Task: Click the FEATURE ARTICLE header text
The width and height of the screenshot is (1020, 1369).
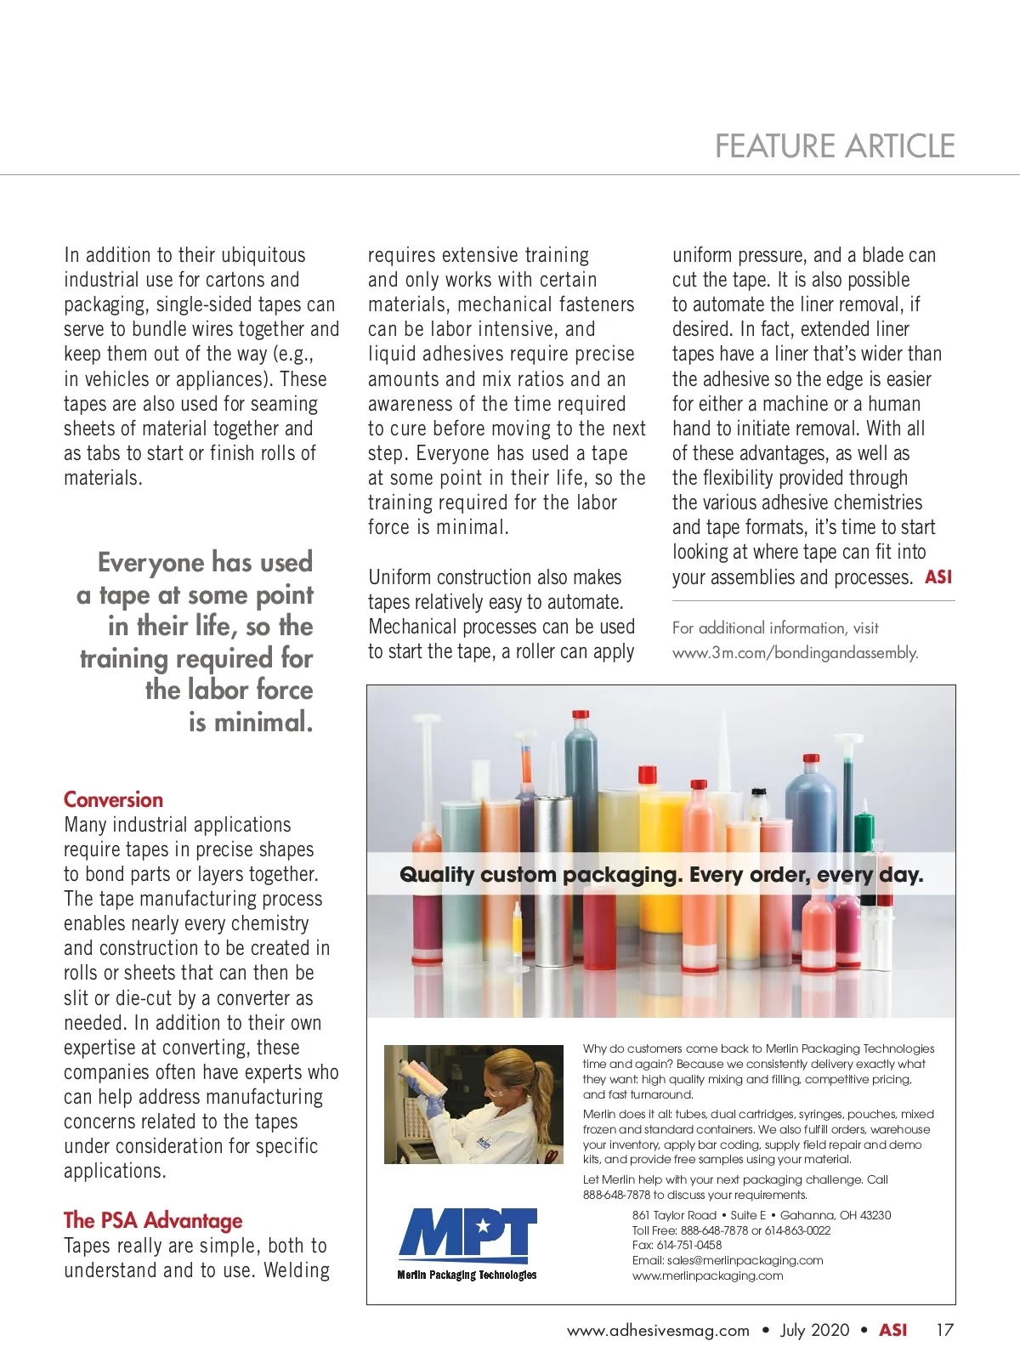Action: [x=835, y=146]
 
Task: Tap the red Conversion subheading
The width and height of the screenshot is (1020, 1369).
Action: [x=113, y=799]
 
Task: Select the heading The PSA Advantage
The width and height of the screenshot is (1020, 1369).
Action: [x=153, y=1220]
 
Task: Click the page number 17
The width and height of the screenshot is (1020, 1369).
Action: [x=944, y=1330]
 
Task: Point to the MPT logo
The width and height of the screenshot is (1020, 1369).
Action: [x=467, y=1234]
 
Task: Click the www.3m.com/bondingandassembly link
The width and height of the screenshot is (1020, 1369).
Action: [x=795, y=653]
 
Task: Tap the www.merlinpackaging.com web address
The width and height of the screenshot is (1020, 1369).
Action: [x=707, y=1275]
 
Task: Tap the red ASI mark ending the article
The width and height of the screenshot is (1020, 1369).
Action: [x=938, y=577]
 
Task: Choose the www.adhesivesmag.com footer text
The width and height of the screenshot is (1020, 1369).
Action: [x=658, y=1330]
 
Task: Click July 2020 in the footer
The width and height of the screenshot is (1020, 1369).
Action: [x=814, y=1330]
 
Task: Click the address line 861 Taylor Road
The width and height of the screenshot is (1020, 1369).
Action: [x=674, y=1215]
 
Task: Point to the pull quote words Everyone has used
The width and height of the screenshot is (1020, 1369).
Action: [x=205, y=562]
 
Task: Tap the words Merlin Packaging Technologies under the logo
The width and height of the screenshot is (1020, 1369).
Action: [x=467, y=1275]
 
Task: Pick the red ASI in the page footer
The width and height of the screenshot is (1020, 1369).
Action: [x=892, y=1330]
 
